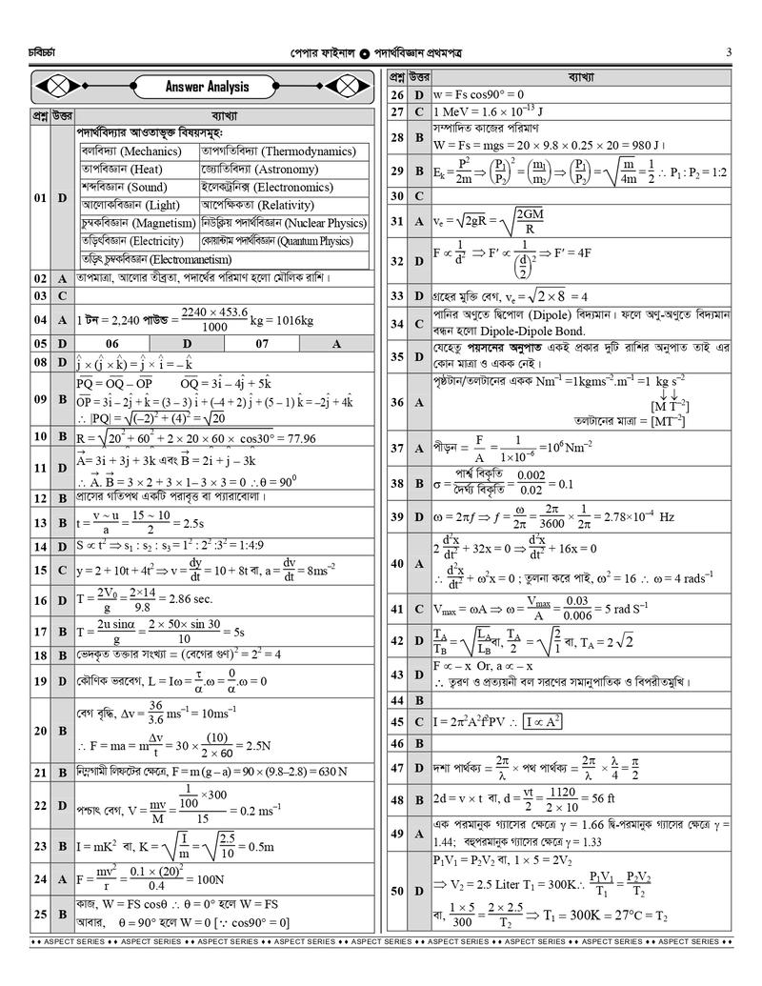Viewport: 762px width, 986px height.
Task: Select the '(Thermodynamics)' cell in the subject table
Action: point(285,151)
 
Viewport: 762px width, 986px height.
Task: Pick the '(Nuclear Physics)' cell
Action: point(284,223)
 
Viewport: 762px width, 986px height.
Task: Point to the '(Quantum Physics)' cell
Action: point(284,241)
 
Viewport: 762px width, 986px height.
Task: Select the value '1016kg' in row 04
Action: point(292,322)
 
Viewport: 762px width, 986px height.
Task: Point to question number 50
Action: point(398,892)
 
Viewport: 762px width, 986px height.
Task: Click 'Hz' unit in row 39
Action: point(667,516)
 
